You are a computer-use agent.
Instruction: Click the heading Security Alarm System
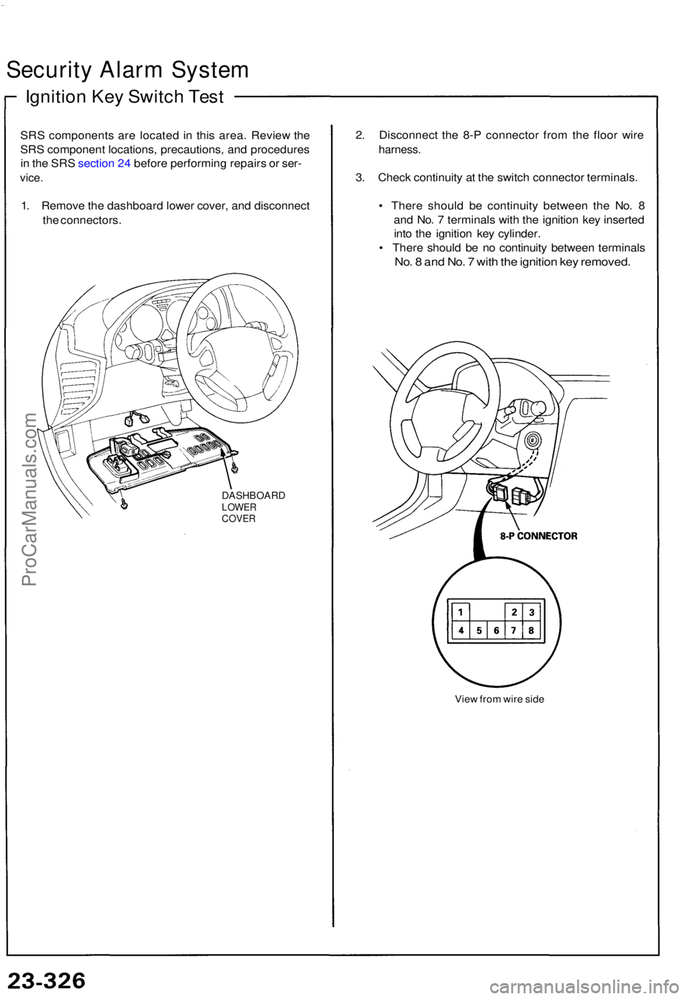(x=127, y=70)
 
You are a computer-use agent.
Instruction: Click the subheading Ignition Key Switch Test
(x=125, y=97)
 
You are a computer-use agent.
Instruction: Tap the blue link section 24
(x=104, y=163)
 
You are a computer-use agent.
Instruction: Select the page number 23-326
(x=47, y=980)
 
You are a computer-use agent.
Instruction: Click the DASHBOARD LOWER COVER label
(x=253, y=507)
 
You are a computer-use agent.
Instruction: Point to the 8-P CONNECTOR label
(x=538, y=535)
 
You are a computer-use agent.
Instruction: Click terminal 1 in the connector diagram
(x=460, y=612)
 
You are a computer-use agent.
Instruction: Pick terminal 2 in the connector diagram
(x=514, y=612)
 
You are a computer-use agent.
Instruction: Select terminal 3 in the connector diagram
(x=532, y=612)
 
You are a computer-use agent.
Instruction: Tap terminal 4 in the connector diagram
(x=460, y=630)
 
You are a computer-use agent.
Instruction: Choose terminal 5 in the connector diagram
(x=479, y=630)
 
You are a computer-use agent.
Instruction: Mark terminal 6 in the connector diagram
(x=497, y=630)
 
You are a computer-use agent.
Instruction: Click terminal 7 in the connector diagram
(x=514, y=630)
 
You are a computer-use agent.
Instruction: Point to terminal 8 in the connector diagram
(x=532, y=630)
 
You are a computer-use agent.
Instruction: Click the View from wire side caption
(x=500, y=699)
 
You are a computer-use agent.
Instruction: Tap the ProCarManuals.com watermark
(x=30, y=500)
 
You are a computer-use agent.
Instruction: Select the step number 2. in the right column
(x=360, y=135)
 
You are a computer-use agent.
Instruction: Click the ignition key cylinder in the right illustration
(x=531, y=442)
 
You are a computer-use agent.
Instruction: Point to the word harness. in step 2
(x=399, y=150)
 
